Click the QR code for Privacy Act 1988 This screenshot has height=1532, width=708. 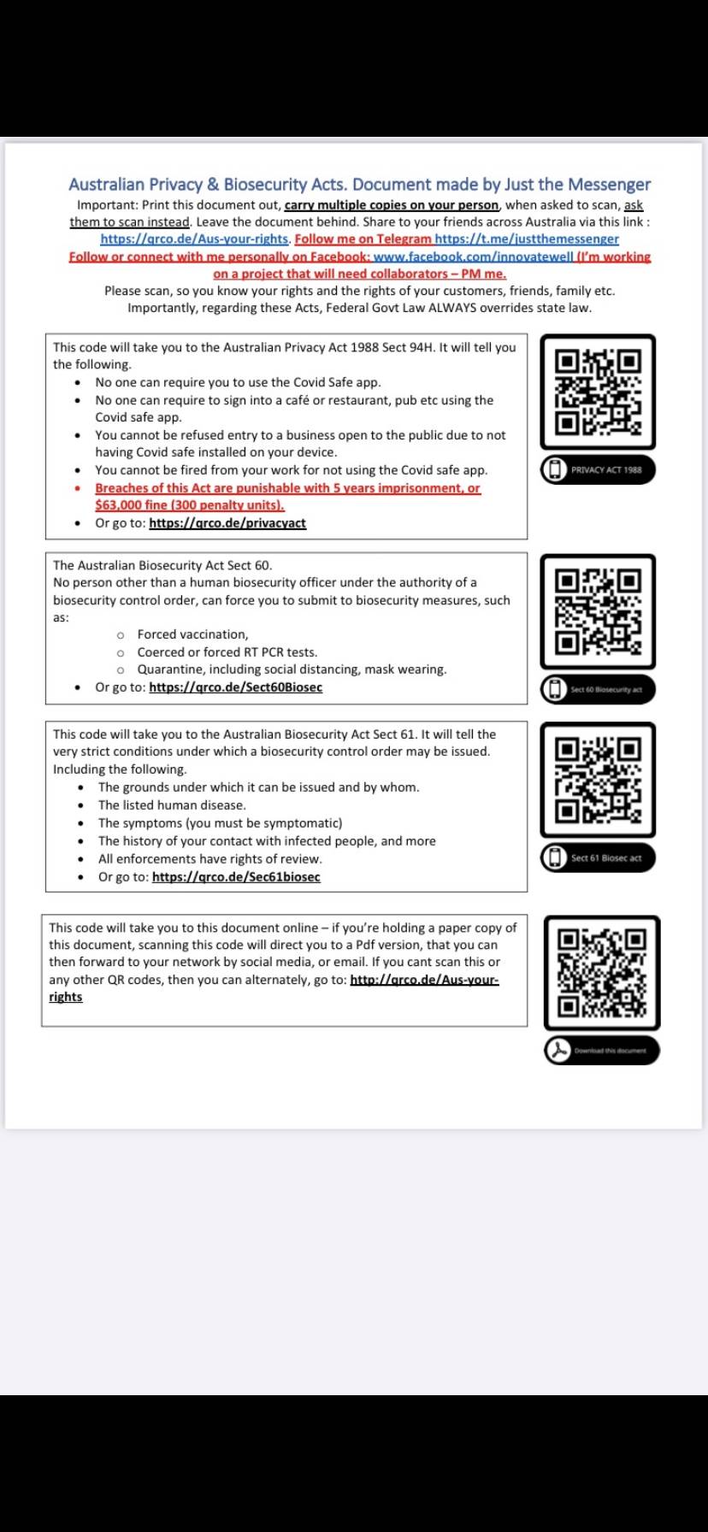click(598, 392)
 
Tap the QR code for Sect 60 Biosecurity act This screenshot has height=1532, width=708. click(598, 611)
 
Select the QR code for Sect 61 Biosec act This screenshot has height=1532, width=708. click(598, 780)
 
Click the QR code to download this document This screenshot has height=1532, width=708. click(602, 973)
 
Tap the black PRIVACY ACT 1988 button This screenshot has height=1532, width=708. click(598, 469)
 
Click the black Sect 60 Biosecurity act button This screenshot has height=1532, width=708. click(598, 689)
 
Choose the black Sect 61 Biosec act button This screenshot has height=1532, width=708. click(598, 857)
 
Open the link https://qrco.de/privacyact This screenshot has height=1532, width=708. click(227, 523)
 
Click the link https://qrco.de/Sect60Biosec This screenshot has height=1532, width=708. click(235, 687)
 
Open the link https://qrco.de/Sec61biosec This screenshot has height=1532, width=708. click(236, 877)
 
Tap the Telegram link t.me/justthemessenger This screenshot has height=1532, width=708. click(527, 239)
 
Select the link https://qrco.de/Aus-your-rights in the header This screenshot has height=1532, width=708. click(194, 239)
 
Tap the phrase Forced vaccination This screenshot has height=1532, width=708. click(192, 634)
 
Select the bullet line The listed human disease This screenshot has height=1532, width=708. click(172, 805)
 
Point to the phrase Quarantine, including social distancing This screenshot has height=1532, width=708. click(249, 669)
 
